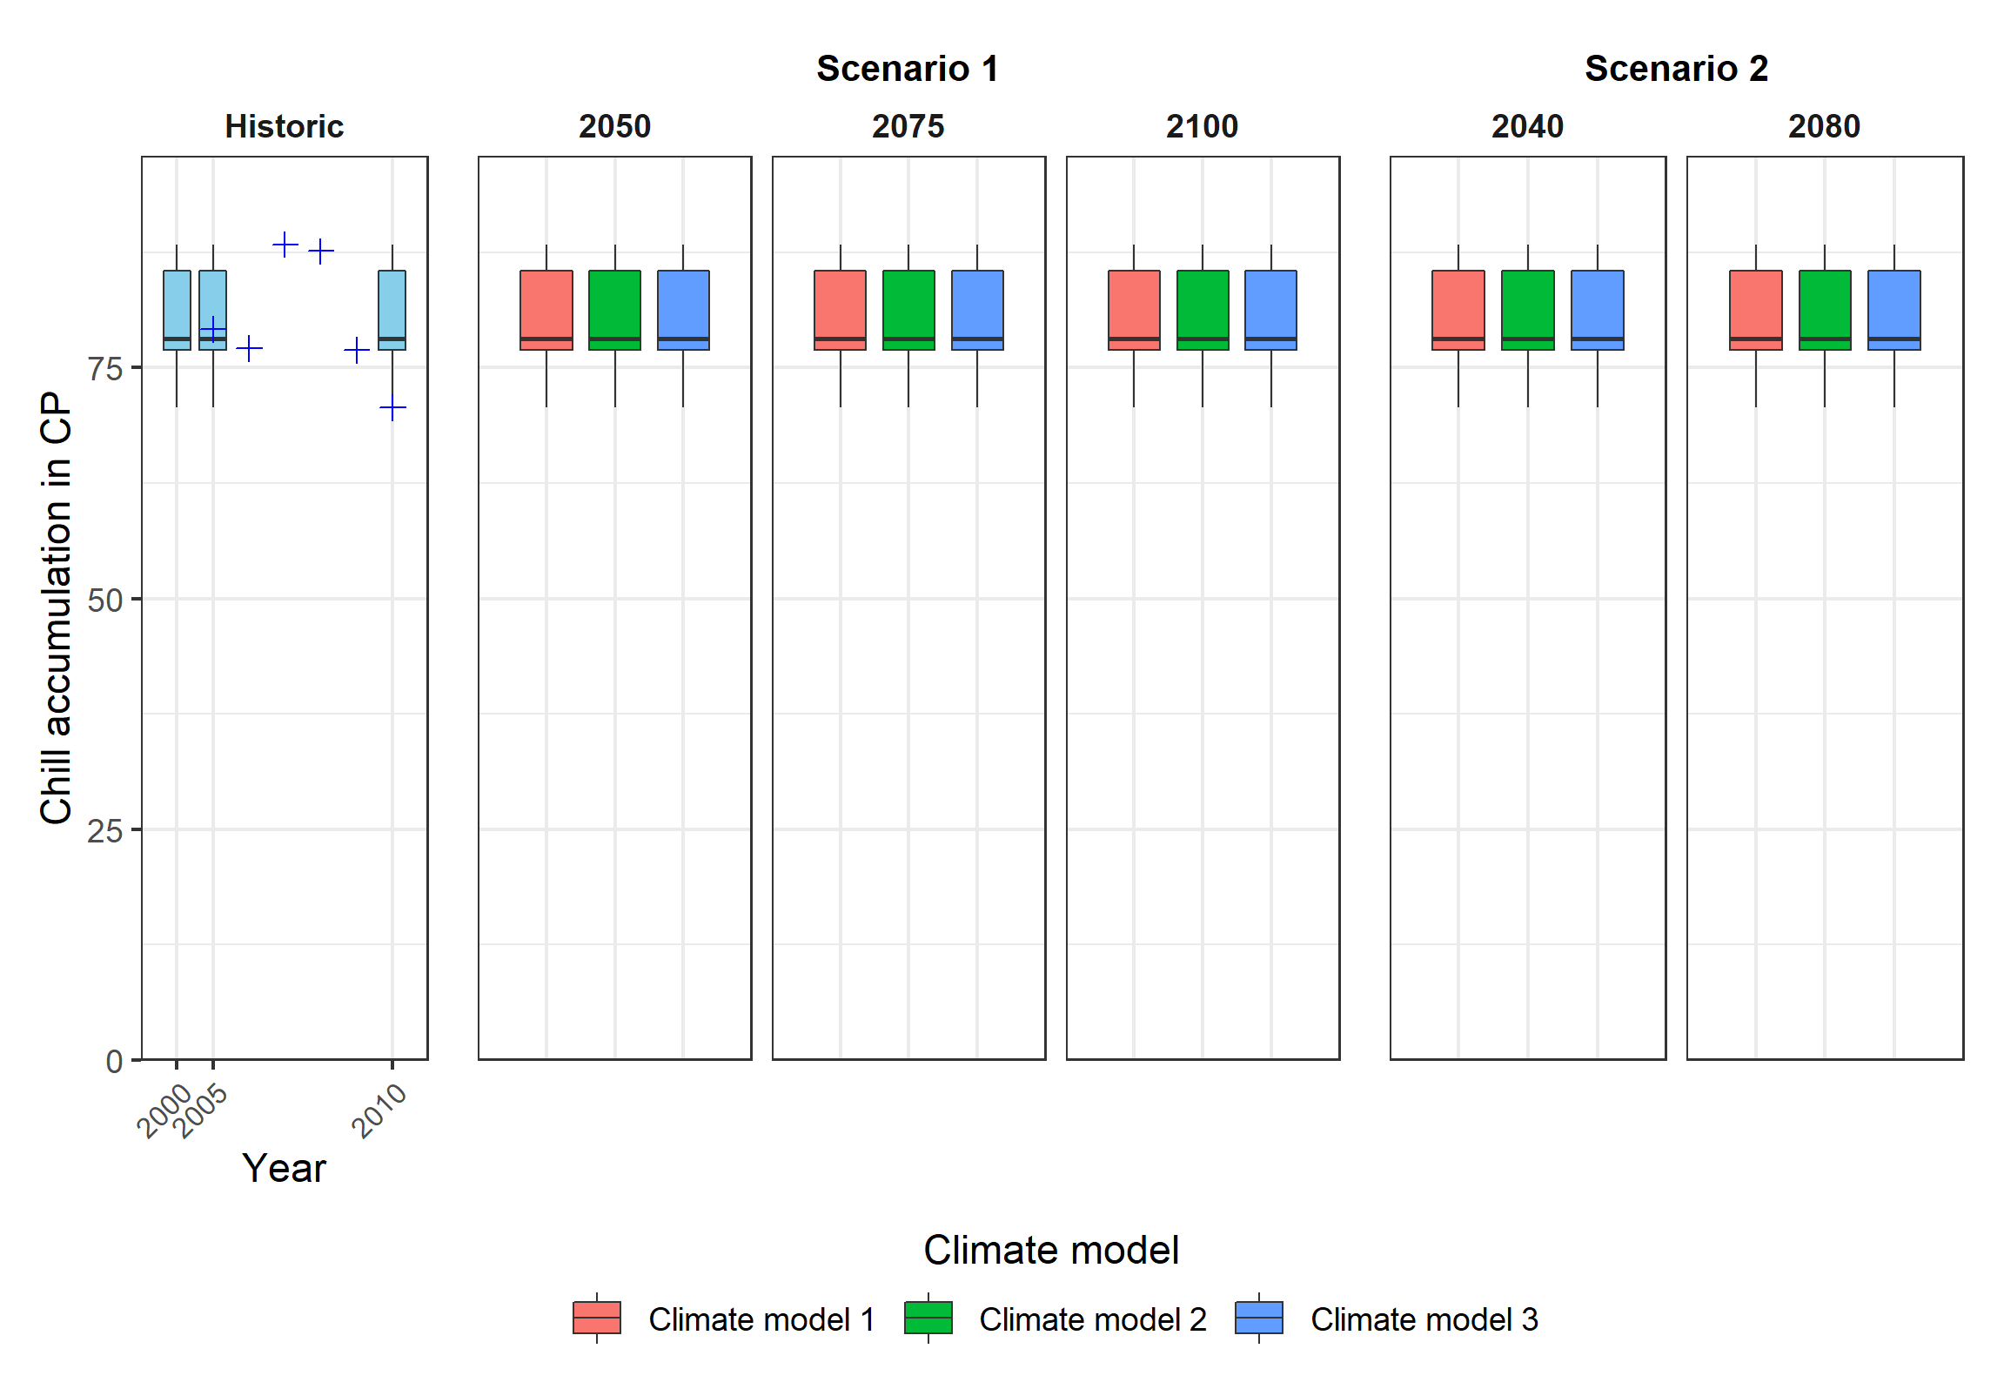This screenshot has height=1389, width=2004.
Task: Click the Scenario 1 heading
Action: [x=907, y=69]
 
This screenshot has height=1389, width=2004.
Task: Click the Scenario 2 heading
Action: [x=1676, y=69]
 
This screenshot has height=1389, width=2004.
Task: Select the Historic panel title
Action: [x=284, y=127]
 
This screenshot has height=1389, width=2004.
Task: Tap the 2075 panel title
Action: [x=908, y=127]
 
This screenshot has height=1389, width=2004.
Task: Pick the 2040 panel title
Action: [x=1527, y=127]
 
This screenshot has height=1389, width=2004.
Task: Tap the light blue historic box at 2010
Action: [x=392, y=305]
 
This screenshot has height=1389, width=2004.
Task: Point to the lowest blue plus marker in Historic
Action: [x=392, y=408]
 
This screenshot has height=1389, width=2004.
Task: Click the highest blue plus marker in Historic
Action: [x=285, y=245]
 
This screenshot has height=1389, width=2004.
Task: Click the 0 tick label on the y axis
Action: [x=114, y=1062]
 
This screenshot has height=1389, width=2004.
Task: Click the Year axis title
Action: [x=284, y=1168]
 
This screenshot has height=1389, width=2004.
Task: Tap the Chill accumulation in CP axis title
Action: [x=56, y=607]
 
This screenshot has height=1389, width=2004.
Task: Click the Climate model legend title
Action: [x=1050, y=1250]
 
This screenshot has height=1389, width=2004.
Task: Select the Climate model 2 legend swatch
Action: [x=928, y=1318]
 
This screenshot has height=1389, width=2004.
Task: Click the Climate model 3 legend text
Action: [x=1424, y=1319]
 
